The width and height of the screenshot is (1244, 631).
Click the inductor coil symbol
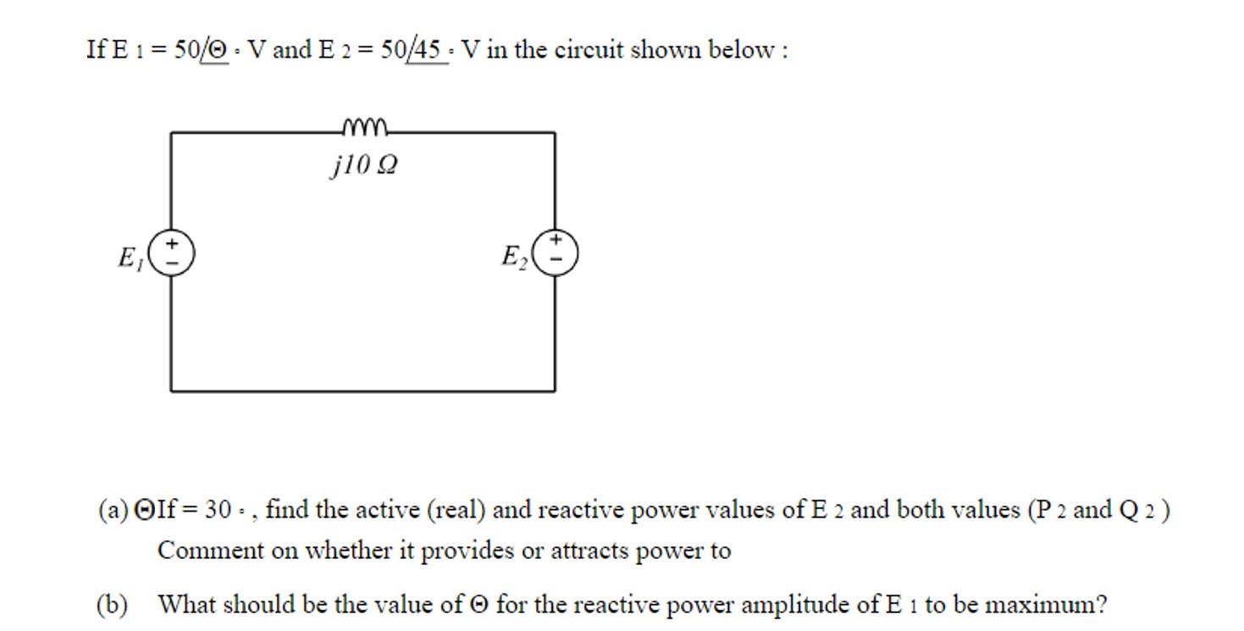[x=364, y=128]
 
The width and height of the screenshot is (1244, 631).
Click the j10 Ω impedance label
[x=363, y=164]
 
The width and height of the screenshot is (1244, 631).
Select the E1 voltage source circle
[x=172, y=252]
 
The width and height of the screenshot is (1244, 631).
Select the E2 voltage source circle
[x=556, y=252]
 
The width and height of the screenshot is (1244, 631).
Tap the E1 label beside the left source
[x=130, y=257]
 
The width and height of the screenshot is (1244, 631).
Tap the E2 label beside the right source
[x=514, y=257]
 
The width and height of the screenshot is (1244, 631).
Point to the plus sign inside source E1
[x=172, y=244]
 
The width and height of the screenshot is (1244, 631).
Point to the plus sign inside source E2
[x=556, y=241]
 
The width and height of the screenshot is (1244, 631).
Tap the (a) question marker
[x=113, y=510]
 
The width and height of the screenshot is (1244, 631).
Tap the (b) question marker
[x=112, y=605]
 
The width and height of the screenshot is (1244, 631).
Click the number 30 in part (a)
[x=218, y=510]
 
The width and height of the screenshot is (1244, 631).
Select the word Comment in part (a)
[x=198, y=551]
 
